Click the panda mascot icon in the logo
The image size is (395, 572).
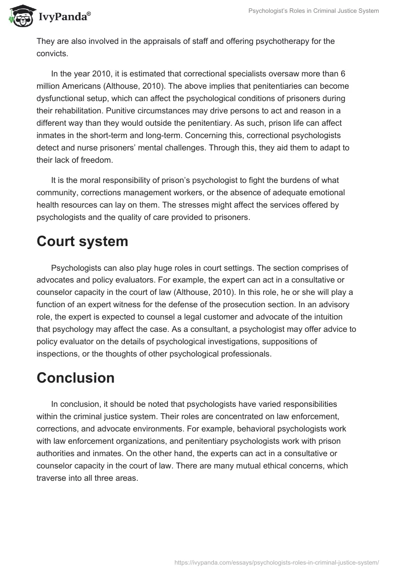pyautogui.click(x=20, y=16)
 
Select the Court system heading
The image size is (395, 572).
pyautogui.click(x=82, y=242)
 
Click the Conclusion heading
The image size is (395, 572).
pyautogui.click(x=76, y=378)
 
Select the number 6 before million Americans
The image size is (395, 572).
pyautogui.click(x=343, y=73)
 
